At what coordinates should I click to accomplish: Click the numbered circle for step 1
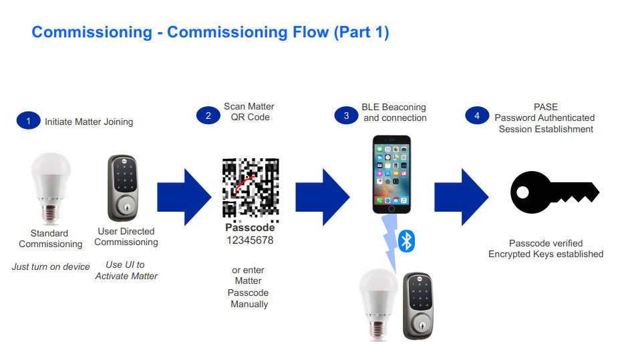click(28, 121)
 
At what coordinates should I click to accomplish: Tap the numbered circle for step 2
click(208, 116)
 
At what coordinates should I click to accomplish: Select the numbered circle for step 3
click(346, 116)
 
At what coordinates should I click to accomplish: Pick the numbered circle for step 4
click(477, 116)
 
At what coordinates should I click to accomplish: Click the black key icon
click(555, 192)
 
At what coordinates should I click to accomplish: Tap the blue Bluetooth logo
click(406, 241)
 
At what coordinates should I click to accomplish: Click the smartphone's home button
click(392, 208)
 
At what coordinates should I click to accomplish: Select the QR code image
click(251, 188)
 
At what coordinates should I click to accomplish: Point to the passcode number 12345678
click(250, 240)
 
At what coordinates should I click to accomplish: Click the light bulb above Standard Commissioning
click(51, 188)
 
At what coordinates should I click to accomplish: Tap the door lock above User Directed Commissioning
click(123, 188)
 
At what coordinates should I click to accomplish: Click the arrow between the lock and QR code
click(184, 197)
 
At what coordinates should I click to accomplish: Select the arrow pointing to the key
click(462, 197)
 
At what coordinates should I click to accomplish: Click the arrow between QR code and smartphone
click(323, 197)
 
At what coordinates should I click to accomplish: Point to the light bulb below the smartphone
click(378, 305)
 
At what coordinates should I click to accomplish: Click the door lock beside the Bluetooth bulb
click(418, 306)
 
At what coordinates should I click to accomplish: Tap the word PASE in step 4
click(546, 107)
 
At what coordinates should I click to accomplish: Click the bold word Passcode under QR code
click(250, 228)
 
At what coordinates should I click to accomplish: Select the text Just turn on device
click(51, 266)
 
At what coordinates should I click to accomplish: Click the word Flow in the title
click(311, 32)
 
